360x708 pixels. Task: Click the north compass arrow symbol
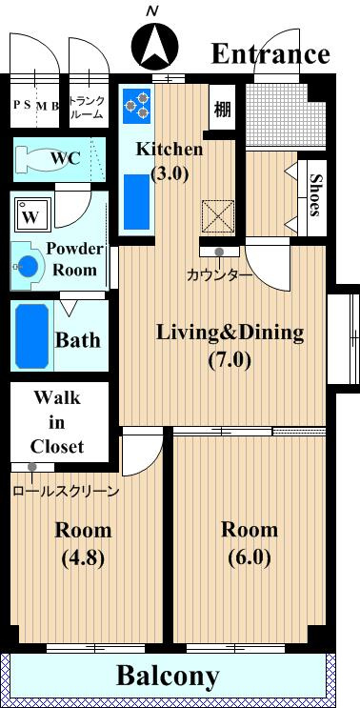click(154, 47)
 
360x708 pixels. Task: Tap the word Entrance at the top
click(270, 54)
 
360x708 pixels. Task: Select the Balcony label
click(168, 677)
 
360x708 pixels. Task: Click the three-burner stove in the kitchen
click(136, 104)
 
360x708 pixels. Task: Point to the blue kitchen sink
click(137, 201)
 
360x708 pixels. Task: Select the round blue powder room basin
click(27, 267)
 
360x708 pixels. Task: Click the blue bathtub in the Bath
click(31, 336)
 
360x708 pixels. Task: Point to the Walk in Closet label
click(57, 423)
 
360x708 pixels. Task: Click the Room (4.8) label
click(83, 544)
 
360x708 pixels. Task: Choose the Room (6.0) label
click(250, 544)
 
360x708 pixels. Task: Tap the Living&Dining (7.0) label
click(230, 346)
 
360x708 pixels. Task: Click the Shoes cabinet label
click(315, 195)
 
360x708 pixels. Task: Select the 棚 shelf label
click(222, 110)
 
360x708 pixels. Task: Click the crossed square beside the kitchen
click(218, 216)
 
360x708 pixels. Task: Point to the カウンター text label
click(219, 274)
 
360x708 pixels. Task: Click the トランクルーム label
click(88, 108)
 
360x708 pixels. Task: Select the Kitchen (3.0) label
click(170, 161)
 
